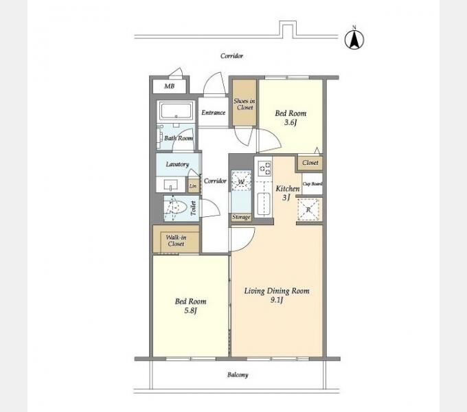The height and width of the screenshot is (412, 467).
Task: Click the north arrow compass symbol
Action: tap(354, 39)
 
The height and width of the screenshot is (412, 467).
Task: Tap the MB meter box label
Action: tap(170, 87)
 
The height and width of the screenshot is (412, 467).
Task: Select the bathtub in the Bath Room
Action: tap(176, 111)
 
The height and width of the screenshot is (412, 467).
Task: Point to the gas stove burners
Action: tap(265, 168)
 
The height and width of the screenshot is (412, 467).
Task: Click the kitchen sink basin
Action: tap(264, 204)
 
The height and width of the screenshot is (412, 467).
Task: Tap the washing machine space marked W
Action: tap(242, 181)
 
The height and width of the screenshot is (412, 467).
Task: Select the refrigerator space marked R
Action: tap(308, 209)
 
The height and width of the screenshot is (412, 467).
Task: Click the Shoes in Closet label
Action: tap(244, 104)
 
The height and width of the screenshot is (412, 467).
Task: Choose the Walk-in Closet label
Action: tap(176, 240)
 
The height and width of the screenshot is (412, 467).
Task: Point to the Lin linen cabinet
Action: tap(193, 186)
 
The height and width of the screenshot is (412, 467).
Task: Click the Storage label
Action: tap(241, 217)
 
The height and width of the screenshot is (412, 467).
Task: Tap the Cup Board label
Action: tap(312, 183)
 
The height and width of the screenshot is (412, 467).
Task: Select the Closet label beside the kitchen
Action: tap(310, 163)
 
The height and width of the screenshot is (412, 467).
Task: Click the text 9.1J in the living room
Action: tap(277, 300)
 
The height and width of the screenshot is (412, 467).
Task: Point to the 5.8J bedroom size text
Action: tap(190, 310)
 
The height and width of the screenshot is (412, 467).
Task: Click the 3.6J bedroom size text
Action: tap(291, 122)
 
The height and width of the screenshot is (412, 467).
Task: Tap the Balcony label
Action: tap(238, 375)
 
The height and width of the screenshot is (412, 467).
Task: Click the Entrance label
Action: tap(214, 113)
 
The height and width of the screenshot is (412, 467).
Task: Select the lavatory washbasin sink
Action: tap(170, 185)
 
